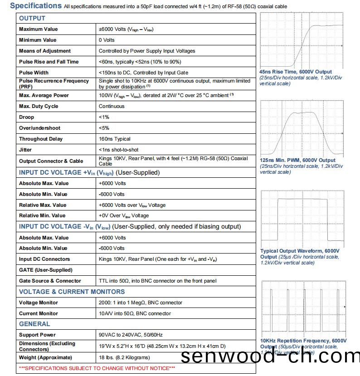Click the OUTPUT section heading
[x=32, y=18]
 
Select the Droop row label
[x=26, y=117]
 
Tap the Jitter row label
[x=25, y=150]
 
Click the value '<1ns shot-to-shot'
[x=119, y=150]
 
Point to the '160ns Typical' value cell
[x=114, y=139]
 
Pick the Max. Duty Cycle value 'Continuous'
[x=112, y=106]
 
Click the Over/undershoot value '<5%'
[x=104, y=128]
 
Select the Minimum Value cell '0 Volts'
[x=107, y=40]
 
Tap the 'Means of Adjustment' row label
[x=45, y=51]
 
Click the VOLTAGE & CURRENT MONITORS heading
[x=72, y=292]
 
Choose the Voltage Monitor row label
[x=39, y=303]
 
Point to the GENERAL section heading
[x=34, y=324]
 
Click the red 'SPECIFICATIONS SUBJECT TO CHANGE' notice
[x=97, y=368]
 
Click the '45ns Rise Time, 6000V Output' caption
[x=295, y=72]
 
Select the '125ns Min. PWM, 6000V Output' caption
[x=297, y=160]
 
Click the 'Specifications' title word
[x=35, y=6]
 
